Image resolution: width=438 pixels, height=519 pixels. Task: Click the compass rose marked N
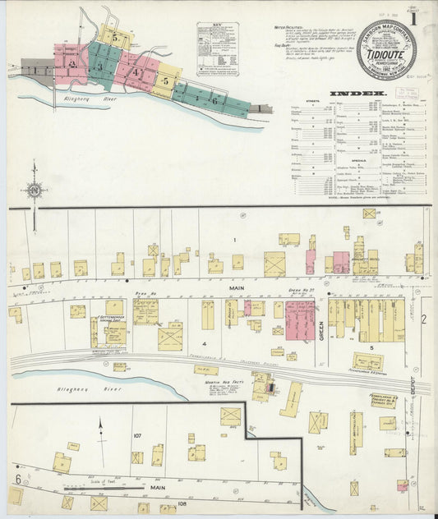pyautogui.click(x=34, y=191)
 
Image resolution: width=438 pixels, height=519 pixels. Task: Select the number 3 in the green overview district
pyautogui.click(x=101, y=67)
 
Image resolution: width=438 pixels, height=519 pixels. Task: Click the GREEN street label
pyautogui.click(x=322, y=325)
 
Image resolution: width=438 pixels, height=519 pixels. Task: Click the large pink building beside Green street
pyautogui.click(x=300, y=319)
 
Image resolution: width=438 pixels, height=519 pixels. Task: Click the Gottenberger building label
pyautogui.click(x=112, y=318)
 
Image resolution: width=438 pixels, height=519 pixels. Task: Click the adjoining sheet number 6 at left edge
pyautogui.click(x=17, y=479)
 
